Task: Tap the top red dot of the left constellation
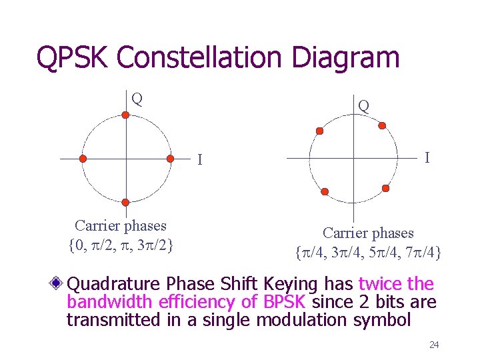[x=127, y=115]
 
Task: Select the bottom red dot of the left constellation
[x=126, y=202]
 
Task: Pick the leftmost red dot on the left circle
[x=83, y=159]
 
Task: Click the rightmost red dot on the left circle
[x=170, y=159]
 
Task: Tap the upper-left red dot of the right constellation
[x=319, y=130]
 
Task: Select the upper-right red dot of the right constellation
[x=381, y=124]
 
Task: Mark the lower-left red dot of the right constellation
[x=325, y=192]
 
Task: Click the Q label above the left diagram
[x=137, y=99]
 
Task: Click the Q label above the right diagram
[x=363, y=105]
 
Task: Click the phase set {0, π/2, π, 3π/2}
[x=121, y=245]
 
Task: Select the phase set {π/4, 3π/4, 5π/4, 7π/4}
[x=368, y=253]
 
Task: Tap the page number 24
[x=434, y=345]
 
